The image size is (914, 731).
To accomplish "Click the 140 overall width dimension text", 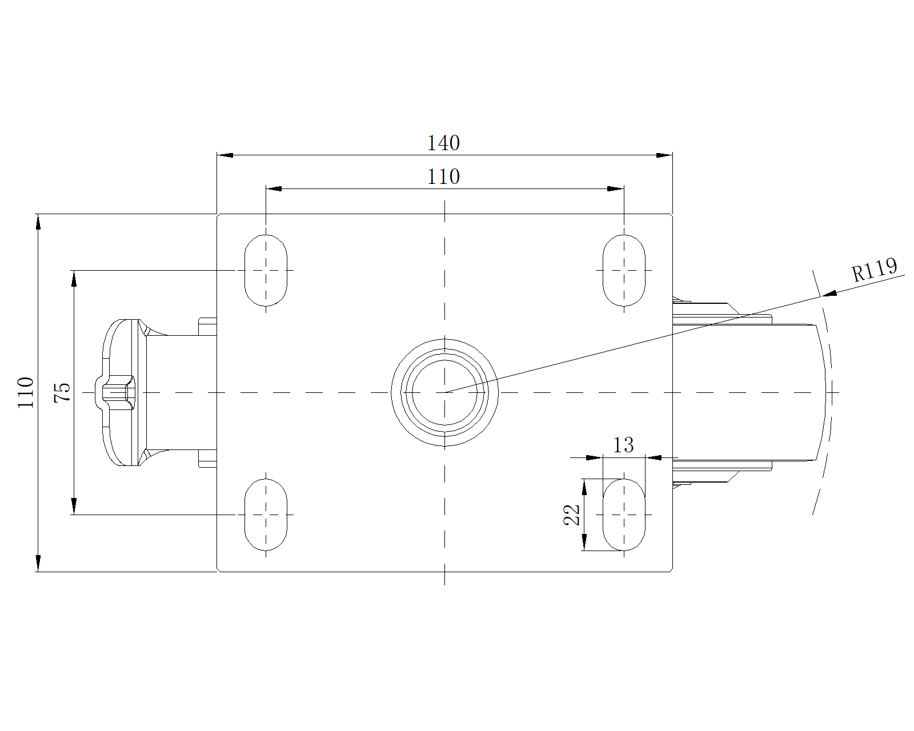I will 443,143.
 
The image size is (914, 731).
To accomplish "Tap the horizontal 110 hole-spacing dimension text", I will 443,177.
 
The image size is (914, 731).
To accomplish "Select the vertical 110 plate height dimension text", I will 26,392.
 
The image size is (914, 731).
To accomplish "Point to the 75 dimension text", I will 62,392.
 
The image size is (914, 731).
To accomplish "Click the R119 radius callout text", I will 874,270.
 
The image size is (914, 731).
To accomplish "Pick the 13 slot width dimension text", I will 623,445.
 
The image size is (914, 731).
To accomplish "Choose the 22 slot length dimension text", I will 572,515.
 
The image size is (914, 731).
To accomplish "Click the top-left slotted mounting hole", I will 266,270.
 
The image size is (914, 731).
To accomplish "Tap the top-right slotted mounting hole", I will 624,270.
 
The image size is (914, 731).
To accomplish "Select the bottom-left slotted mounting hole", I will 266,515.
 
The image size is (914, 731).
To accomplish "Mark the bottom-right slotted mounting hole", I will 624,515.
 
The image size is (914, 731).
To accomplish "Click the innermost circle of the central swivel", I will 444,392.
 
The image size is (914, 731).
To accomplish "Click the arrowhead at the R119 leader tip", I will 829,294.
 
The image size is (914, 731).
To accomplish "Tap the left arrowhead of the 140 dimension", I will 225,155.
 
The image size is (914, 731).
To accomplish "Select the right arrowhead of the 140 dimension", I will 664,155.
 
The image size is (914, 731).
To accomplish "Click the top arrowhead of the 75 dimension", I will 74,278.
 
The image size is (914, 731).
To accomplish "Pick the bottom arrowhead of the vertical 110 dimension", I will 38,563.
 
